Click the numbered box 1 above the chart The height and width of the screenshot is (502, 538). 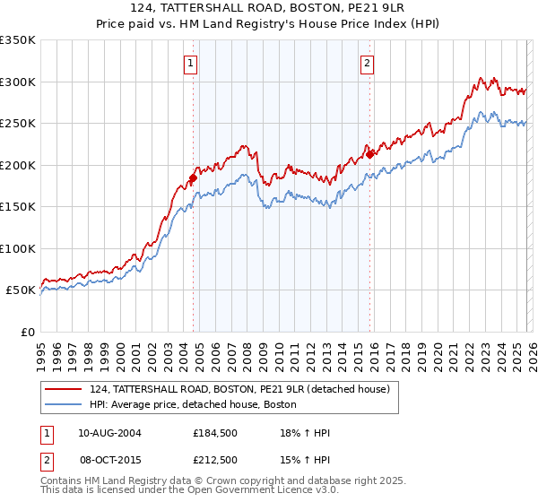(x=192, y=63)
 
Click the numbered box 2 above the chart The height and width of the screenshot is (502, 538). (x=369, y=63)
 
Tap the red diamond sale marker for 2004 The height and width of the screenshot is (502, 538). (x=193, y=178)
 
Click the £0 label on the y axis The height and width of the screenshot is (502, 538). (x=27, y=332)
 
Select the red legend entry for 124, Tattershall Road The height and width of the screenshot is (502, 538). (x=239, y=390)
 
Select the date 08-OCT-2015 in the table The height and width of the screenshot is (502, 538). (x=109, y=460)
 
